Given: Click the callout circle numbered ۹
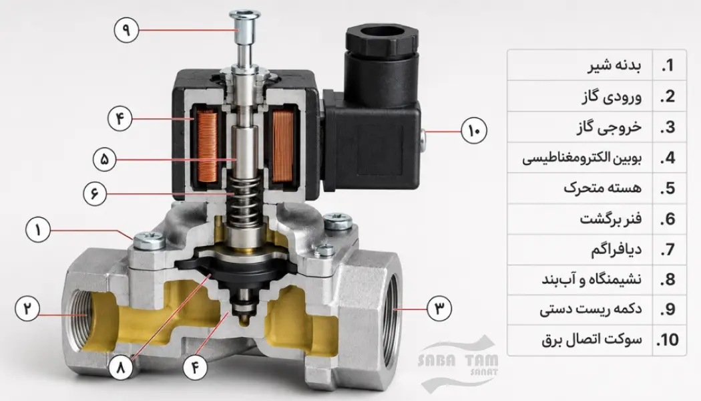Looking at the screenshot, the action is point(127,30).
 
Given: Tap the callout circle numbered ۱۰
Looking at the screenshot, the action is point(474,131).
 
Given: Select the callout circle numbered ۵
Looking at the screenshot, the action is point(105,159).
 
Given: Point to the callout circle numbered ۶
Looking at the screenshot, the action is point(95,194).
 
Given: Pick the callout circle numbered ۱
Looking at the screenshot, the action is point(38,230).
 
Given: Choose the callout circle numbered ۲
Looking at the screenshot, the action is point(27,308).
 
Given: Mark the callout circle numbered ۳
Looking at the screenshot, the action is point(439,308).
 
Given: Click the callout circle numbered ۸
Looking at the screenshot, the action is point(121,368).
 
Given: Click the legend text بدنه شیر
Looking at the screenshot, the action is point(615,65).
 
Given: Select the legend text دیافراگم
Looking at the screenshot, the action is point(616,249).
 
